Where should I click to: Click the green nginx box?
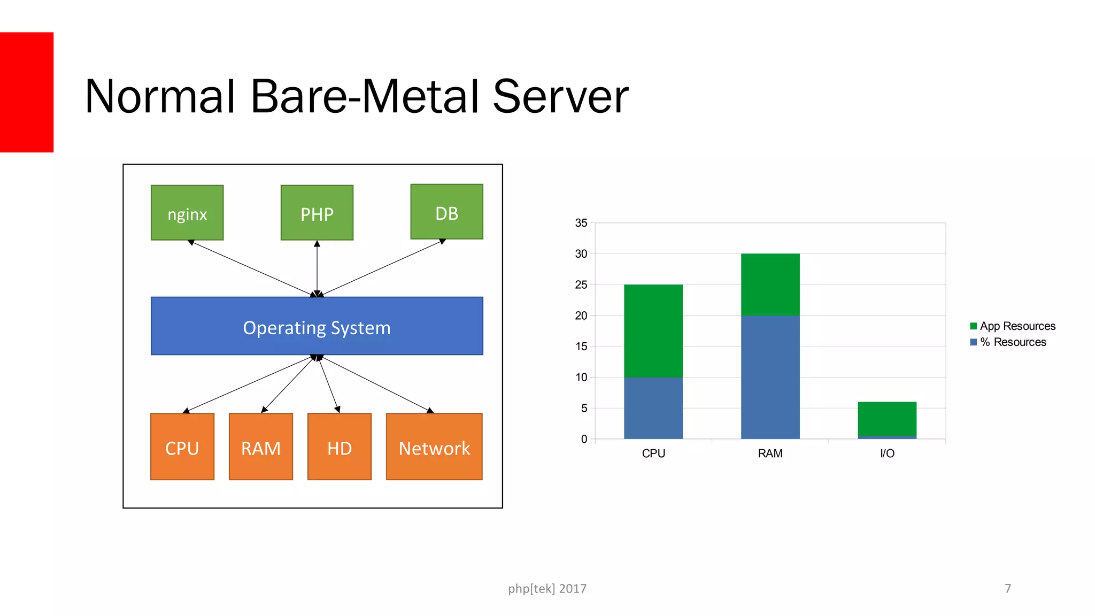point(187,213)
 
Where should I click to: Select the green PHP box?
point(317,213)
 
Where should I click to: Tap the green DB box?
point(446,212)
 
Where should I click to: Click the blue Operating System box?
point(317,326)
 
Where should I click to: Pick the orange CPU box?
point(182,446)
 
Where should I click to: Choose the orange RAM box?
point(261,446)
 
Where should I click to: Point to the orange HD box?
point(340,446)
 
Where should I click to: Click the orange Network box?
point(434,446)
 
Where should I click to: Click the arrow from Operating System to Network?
point(374,383)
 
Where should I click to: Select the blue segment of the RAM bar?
point(770,377)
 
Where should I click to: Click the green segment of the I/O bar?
point(887,419)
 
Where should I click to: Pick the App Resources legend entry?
point(1013,326)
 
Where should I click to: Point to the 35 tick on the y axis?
point(581,223)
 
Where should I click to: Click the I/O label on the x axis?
point(887,453)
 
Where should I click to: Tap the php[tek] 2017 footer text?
point(547,589)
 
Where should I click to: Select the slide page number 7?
point(1008,589)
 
